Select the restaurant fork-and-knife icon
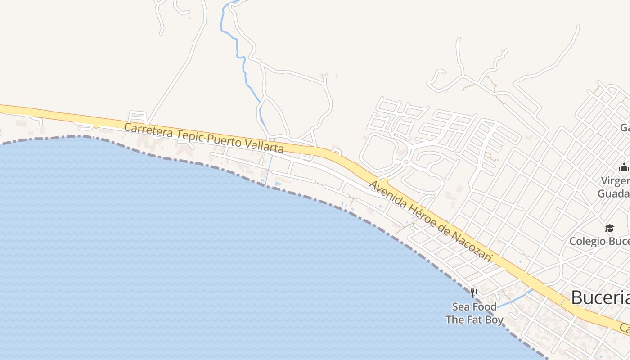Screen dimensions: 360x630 click(474, 293)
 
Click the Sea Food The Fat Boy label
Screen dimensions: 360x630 click(474, 313)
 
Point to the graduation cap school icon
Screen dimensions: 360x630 click(609, 229)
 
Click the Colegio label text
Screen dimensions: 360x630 click(587, 241)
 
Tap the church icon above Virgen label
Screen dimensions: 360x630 click(624, 168)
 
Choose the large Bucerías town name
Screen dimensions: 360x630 click(601, 297)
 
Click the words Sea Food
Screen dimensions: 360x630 click(474, 307)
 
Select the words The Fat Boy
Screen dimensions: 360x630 click(474, 320)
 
